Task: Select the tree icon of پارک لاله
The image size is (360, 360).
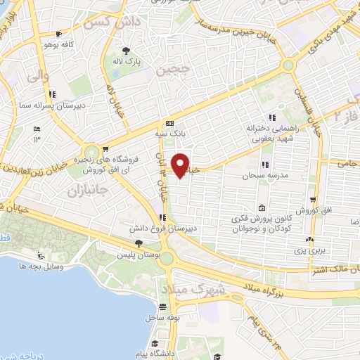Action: [x=127, y=51]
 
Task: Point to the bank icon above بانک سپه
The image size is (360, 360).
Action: [x=169, y=122]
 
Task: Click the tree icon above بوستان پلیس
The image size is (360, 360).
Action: [x=139, y=243]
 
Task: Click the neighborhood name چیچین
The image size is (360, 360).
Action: [x=186, y=70]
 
